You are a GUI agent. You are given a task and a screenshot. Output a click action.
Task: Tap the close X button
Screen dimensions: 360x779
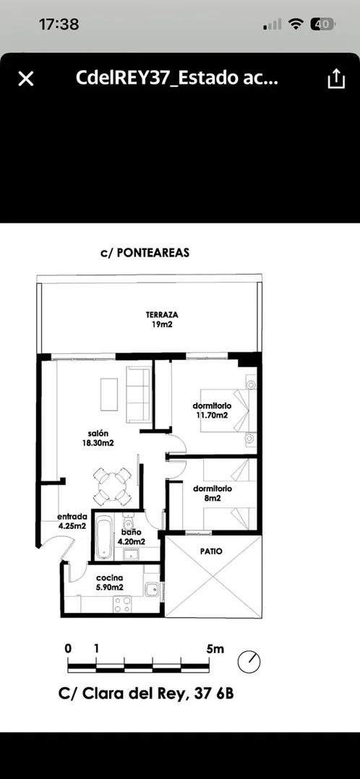pos(26,79)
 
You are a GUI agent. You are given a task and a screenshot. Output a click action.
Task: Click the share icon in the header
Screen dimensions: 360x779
pos(336,79)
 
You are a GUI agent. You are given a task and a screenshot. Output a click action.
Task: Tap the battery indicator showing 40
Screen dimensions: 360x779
pos(322,24)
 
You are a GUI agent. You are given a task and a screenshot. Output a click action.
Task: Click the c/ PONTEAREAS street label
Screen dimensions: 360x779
pos(145,253)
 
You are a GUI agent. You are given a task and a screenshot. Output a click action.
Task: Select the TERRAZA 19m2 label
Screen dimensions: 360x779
pos(162,320)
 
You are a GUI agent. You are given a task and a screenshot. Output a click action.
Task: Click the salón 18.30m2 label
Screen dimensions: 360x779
pos(98,438)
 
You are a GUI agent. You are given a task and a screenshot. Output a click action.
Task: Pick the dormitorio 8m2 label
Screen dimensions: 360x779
pos(213,493)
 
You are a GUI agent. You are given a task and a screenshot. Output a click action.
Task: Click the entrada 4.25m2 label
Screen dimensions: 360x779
pos(72,520)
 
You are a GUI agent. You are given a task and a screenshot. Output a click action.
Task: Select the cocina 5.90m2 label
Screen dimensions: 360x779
pos(109,582)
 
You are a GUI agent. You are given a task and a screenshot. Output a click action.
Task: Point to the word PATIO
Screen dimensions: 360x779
pos(211,551)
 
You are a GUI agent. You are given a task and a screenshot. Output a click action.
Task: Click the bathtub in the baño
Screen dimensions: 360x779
pos(104,537)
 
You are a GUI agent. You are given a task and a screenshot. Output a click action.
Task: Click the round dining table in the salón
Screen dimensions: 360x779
pos(113,486)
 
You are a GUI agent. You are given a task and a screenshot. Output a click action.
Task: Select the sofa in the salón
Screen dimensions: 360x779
pos(139,395)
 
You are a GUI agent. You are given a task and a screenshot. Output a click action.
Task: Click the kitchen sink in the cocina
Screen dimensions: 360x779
pos(152,589)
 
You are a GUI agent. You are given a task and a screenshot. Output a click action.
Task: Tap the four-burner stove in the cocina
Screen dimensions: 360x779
pos(122,604)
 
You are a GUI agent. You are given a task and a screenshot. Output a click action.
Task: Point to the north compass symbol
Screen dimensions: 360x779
pos(249,662)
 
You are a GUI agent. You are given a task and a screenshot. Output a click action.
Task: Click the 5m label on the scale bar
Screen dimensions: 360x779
pos(215,648)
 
